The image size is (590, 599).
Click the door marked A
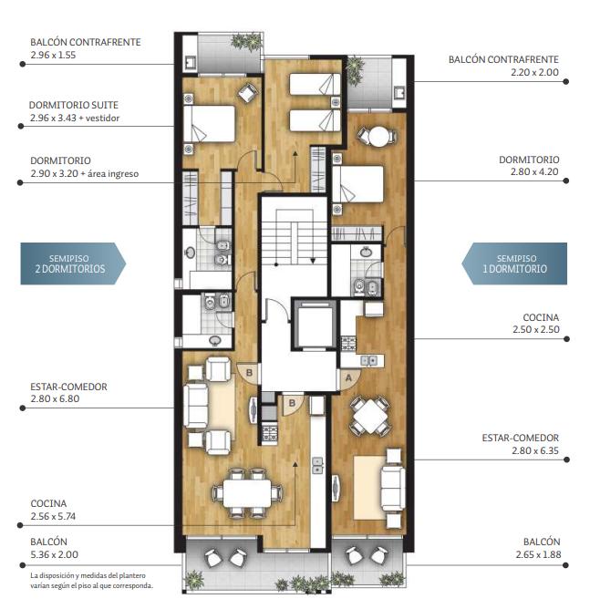[349, 378]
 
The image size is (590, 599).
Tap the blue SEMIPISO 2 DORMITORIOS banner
[73, 263]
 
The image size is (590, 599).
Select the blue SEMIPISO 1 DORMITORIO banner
[514, 263]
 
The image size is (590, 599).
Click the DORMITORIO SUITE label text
[73, 105]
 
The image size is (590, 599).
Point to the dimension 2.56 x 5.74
[53, 516]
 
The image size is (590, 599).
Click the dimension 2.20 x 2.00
[534, 72]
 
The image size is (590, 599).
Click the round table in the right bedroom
[378, 137]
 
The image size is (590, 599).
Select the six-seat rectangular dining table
[247, 493]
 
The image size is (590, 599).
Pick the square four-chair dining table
[370, 416]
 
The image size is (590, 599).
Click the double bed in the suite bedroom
[209, 124]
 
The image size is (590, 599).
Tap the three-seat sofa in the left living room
[196, 406]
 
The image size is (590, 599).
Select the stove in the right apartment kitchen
[348, 343]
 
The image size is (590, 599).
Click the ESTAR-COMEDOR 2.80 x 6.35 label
[520, 444]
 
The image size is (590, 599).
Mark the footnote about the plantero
[92, 580]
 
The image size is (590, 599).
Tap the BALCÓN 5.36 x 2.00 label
[55, 548]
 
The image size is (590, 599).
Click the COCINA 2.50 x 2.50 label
[536, 323]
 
